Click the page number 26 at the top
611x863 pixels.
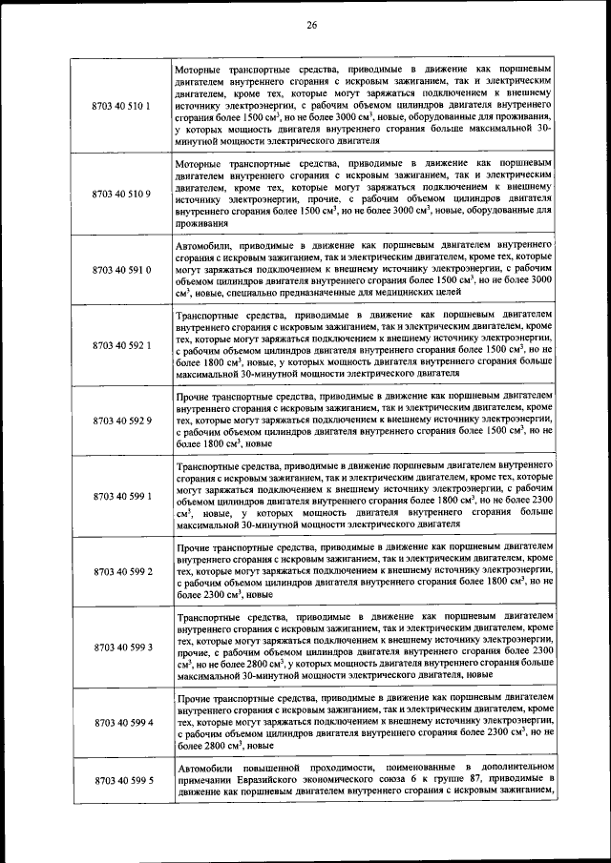point(311,25)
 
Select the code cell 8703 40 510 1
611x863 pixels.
point(121,105)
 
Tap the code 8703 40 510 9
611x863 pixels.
point(121,195)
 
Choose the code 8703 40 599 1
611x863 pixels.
point(121,497)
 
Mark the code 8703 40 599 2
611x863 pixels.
point(121,571)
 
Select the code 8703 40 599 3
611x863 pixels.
point(121,647)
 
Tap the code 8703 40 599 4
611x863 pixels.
point(121,722)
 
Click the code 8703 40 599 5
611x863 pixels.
point(121,781)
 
